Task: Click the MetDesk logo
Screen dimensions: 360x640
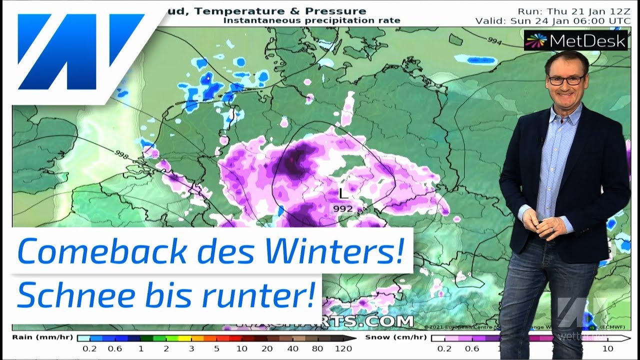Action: point(575,41)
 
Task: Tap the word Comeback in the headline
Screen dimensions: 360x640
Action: point(100,252)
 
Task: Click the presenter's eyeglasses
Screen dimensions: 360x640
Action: point(566,79)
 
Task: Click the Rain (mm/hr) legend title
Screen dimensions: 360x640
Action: point(43,337)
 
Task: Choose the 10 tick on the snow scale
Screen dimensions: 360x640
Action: point(607,349)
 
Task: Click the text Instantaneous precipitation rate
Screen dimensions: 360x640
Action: point(311,20)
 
